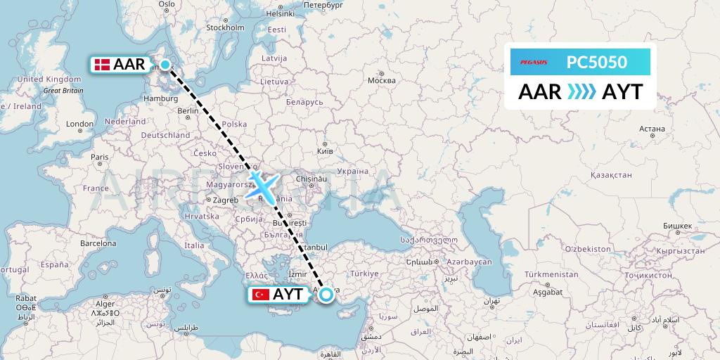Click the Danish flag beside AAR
coord(102,65)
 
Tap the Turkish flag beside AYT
coord(262,295)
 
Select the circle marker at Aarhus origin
coord(165,65)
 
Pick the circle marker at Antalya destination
coord(326,295)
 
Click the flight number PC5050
coord(596,63)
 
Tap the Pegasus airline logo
coord(534,63)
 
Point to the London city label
coord(79,124)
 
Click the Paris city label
coord(100,157)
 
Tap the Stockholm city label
coord(225,28)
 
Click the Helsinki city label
coord(280,13)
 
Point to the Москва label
coord(382,79)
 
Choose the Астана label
coord(652,129)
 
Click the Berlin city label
coord(188,111)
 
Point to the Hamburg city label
coord(160,99)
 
